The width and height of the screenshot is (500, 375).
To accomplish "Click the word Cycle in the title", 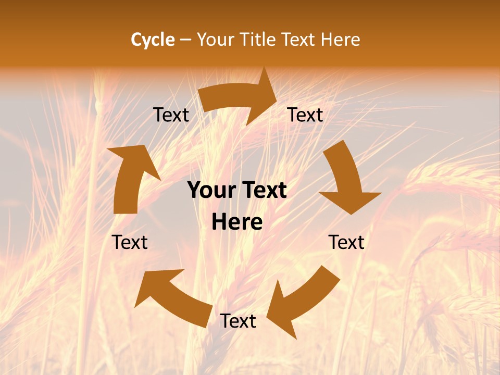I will [x=153, y=40].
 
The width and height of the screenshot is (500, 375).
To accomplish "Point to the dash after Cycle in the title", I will [x=185, y=40].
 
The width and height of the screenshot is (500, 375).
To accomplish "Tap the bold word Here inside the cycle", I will [x=237, y=222].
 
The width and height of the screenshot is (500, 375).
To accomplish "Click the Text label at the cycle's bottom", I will [x=238, y=321].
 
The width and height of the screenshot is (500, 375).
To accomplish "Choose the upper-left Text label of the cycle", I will [x=171, y=115].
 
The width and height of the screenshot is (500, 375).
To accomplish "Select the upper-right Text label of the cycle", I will [x=305, y=115].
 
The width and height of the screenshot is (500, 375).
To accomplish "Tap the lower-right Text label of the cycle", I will [x=346, y=242].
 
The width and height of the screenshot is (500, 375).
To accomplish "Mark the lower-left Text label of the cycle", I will [x=130, y=242].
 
